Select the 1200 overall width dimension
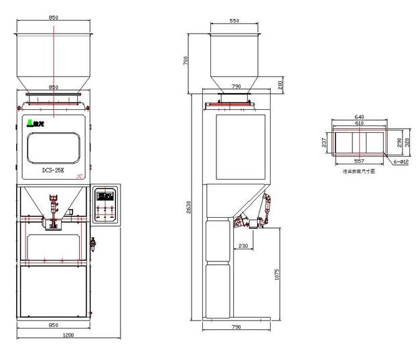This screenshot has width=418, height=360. tap(68, 335)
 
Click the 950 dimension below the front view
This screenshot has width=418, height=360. tap(53, 326)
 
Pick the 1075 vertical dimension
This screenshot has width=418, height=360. tap(277, 275)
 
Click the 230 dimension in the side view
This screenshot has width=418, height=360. tap(243, 246)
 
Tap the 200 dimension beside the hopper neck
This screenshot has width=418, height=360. tap(280, 84)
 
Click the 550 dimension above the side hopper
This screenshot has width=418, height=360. tap(234, 21)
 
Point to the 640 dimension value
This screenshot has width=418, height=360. tap(359, 117)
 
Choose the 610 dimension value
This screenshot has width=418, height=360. tap(359, 124)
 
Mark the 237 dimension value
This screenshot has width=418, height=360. tap(325, 142)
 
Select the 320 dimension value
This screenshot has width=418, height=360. tap(407, 142)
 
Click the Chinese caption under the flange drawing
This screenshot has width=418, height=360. tap(358, 172)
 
